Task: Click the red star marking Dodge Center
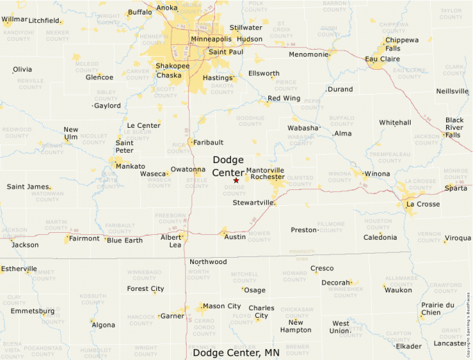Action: point(236,180)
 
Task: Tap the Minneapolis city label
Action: point(212,39)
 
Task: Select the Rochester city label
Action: point(268,177)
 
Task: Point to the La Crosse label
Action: point(423,205)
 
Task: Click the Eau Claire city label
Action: point(382,59)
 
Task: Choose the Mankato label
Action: point(130,167)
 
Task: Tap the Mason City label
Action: point(221,306)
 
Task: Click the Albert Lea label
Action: point(171,240)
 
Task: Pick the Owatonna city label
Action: point(188,169)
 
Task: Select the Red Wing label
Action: point(284,98)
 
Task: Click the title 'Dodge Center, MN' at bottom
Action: point(236,352)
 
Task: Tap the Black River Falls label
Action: point(454,127)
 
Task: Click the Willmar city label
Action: point(15,19)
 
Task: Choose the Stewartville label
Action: point(254,202)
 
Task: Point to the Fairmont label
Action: point(84,238)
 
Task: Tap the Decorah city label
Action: point(335,283)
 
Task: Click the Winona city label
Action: point(377,173)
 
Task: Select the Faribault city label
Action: point(208,142)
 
